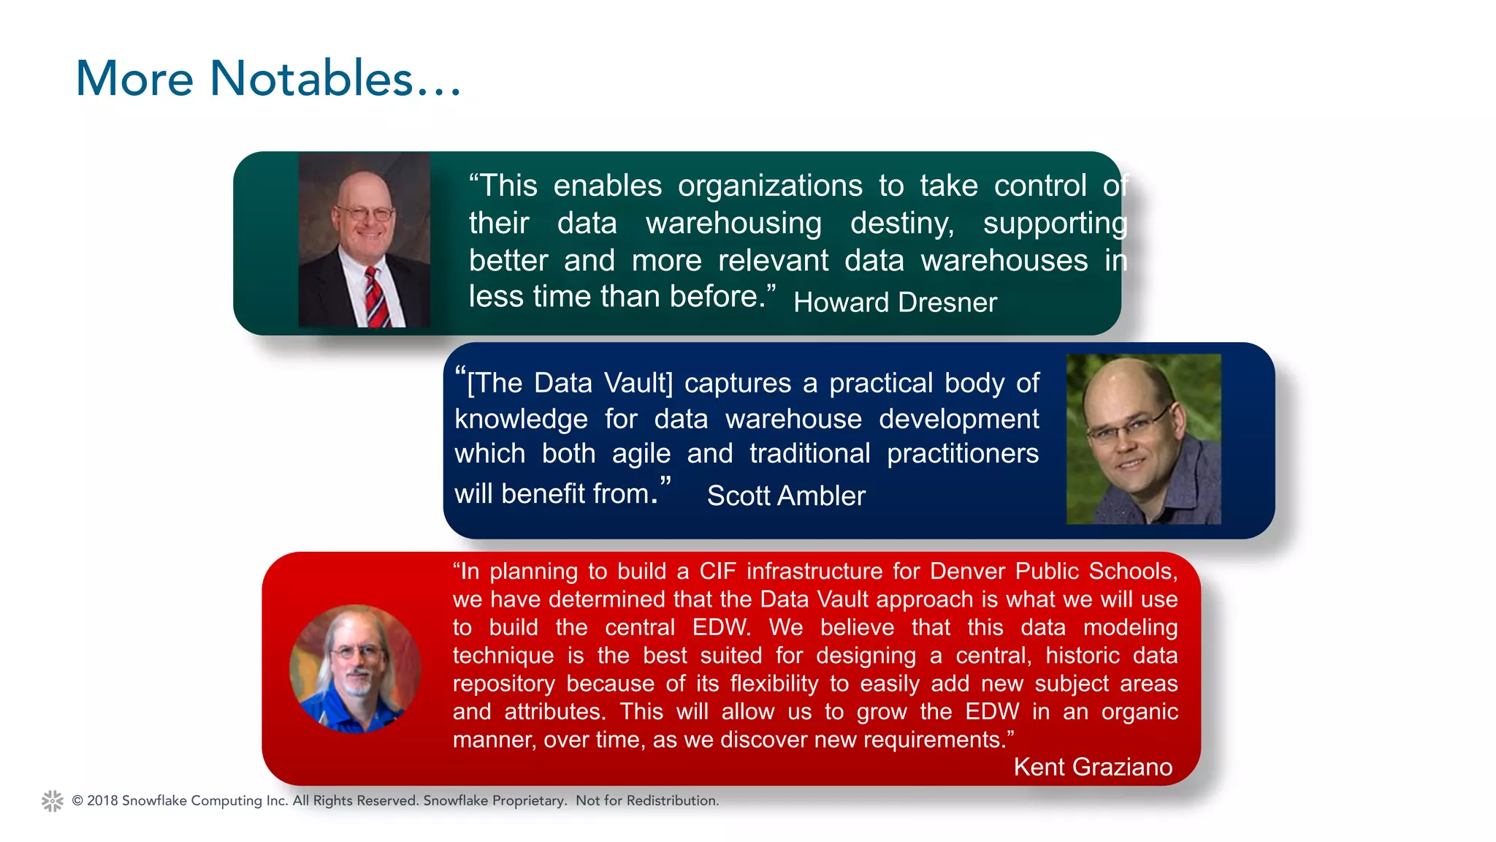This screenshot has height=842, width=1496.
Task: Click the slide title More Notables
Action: tap(268, 79)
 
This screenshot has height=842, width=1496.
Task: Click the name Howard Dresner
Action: tap(895, 303)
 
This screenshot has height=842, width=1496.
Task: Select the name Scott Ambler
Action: tap(786, 496)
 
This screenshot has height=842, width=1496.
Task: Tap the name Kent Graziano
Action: tap(1093, 767)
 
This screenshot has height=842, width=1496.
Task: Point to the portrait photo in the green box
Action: tap(364, 240)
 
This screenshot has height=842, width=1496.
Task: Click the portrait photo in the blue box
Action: tap(1143, 439)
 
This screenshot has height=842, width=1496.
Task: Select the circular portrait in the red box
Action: tap(355, 668)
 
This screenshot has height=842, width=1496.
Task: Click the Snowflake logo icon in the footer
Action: tap(53, 801)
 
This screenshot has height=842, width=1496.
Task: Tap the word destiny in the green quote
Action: tap(902, 223)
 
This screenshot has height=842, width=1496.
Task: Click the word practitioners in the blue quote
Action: tap(962, 454)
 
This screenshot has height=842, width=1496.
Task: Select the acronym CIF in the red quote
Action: tap(718, 571)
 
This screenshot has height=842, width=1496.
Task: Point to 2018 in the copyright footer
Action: tap(102, 801)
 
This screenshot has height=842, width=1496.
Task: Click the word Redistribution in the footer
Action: tap(672, 801)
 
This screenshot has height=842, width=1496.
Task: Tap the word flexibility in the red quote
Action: tap(774, 683)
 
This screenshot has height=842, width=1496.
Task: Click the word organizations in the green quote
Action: tap(770, 186)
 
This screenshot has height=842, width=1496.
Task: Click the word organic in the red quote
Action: tap(1139, 712)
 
